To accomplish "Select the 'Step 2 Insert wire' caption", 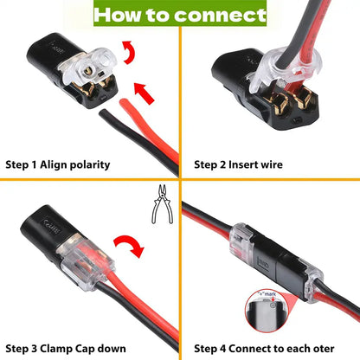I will (237, 163).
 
